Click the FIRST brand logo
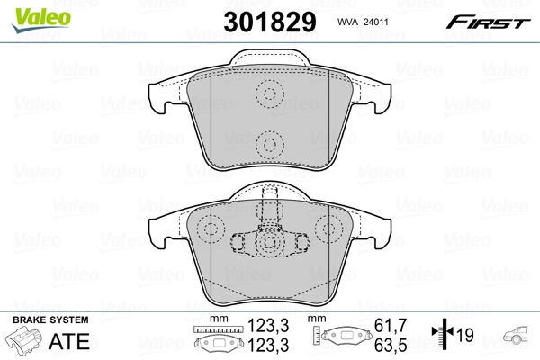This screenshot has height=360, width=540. (x=490, y=21)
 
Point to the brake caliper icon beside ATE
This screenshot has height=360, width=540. (x=25, y=343)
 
